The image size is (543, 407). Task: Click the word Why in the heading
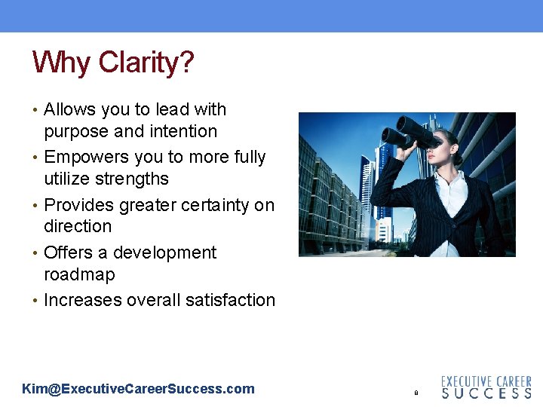pos(61,63)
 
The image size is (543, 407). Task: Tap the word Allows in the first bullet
pos(70,110)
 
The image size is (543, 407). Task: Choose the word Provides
pos(78,206)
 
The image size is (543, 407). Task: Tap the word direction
pos(78,227)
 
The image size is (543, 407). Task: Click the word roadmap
pos(79,275)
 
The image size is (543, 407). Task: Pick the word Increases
pos(83,300)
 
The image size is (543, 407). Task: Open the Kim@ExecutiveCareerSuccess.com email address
pos(138,390)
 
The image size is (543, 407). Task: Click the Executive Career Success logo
pos(486,387)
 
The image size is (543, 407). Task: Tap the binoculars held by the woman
pos(411,133)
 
